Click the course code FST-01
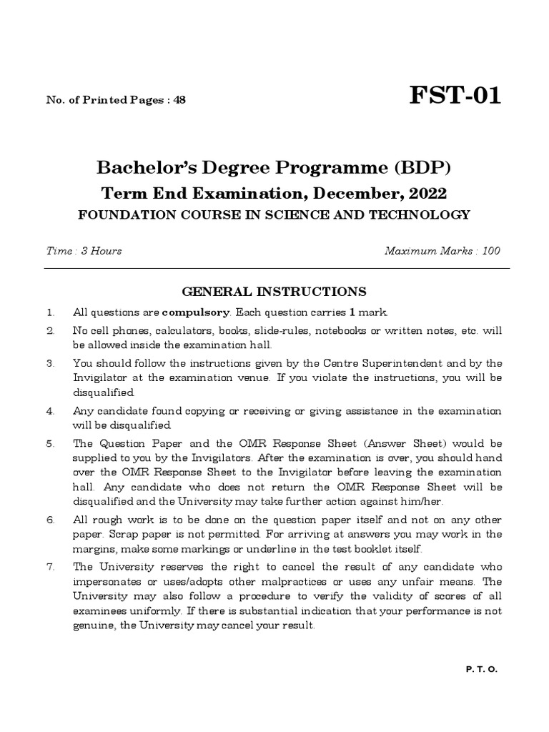click(455, 94)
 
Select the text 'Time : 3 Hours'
click(84, 250)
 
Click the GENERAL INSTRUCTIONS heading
click(274, 292)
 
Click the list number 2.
click(50, 331)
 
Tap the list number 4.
click(50, 411)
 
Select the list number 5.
click(50, 443)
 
